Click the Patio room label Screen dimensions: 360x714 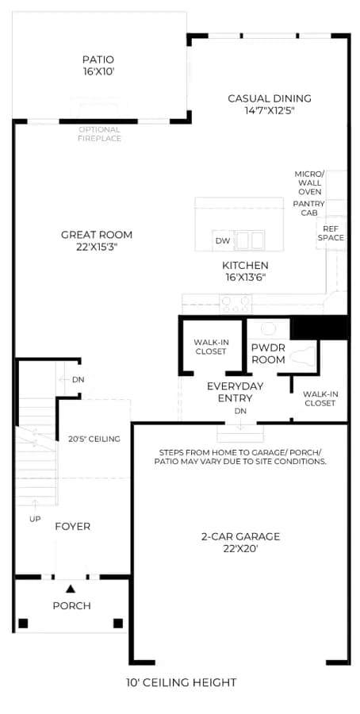(98, 59)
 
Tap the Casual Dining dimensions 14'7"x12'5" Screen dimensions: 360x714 (270, 110)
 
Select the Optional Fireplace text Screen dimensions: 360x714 (99, 134)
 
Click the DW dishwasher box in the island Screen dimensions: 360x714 (223, 240)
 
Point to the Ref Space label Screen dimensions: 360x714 (331, 233)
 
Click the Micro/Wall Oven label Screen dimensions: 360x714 (309, 183)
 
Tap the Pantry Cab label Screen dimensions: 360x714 (308, 208)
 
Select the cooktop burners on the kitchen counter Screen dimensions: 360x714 (236, 303)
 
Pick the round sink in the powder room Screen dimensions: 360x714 (268, 328)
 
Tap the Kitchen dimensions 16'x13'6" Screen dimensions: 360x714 (245, 277)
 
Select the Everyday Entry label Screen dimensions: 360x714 (235, 392)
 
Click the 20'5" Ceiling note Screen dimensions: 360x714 (94, 439)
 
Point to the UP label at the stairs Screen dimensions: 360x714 (35, 519)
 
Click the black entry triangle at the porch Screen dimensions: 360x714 (70, 589)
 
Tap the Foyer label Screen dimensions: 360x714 (73, 527)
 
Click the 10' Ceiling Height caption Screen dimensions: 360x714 (181, 682)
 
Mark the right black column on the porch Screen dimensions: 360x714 (118, 623)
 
